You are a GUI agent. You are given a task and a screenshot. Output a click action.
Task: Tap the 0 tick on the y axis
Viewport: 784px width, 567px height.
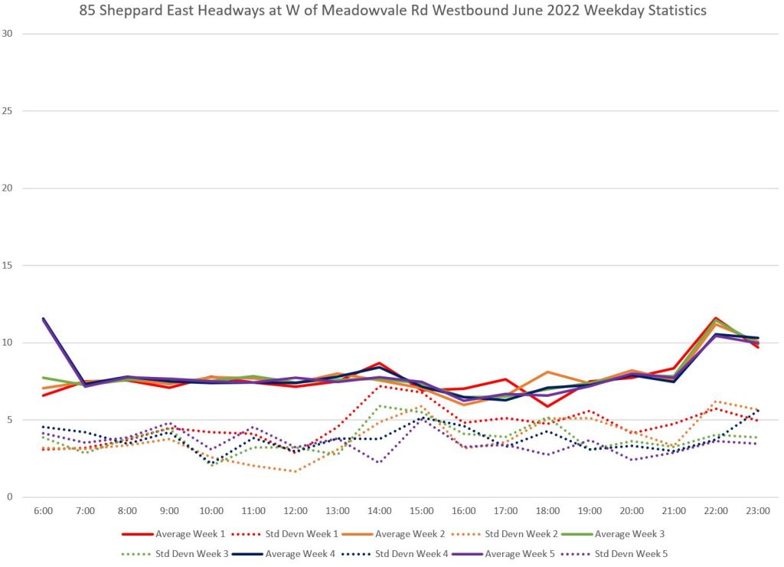coord(10,497)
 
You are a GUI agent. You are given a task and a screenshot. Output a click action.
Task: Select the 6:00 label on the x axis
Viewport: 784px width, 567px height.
coord(44,510)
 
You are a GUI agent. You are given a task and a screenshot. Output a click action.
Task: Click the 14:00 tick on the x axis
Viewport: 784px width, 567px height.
coord(380,510)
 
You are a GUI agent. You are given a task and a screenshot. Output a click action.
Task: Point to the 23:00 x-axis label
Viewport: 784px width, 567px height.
coord(758,510)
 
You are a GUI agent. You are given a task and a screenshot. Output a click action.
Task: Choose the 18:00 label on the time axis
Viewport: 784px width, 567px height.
coord(547,510)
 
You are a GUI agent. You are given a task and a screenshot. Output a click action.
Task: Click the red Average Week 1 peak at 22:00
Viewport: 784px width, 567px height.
coord(716,318)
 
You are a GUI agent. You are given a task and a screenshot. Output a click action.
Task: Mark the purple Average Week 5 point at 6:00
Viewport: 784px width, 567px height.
coord(44,319)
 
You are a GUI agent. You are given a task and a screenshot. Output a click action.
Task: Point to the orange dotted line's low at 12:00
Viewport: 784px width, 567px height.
coord(296,471)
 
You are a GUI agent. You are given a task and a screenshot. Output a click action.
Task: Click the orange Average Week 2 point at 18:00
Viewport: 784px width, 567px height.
coord(547,372)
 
